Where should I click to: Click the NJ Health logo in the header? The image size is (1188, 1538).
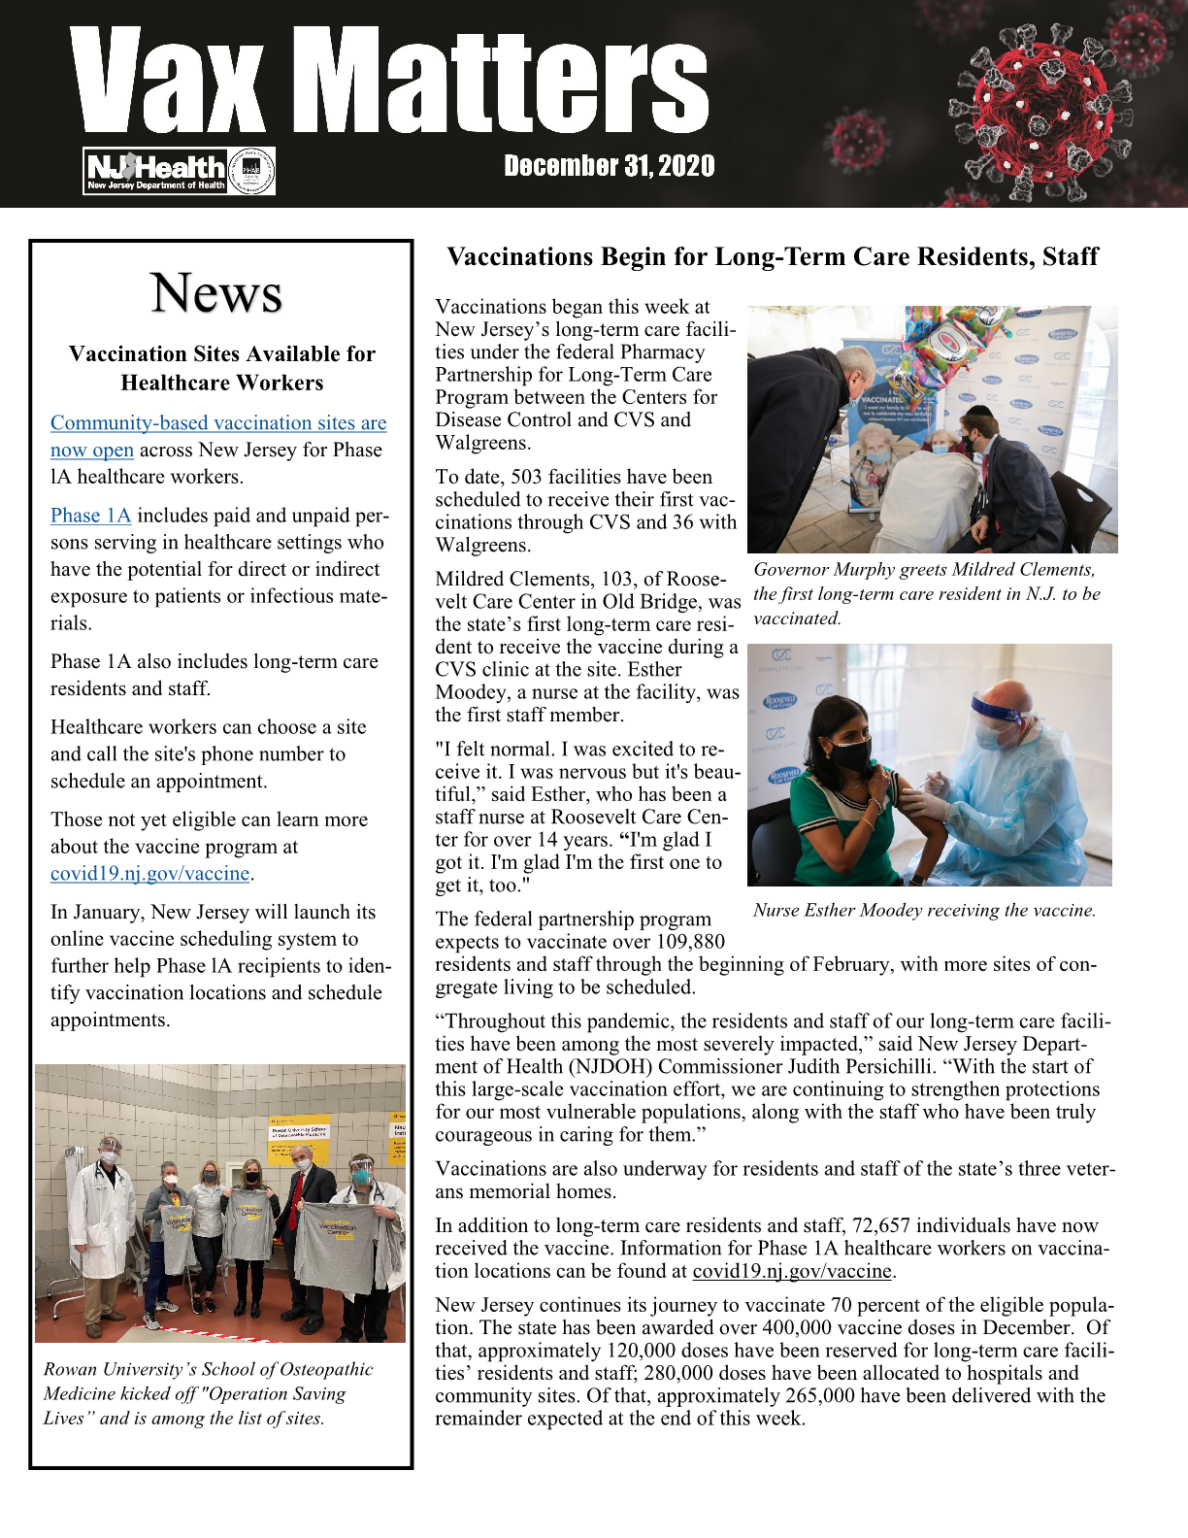pyautogui.click(x=156, y=172)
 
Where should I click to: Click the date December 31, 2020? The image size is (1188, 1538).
pyautogui.click(x=609, y=167)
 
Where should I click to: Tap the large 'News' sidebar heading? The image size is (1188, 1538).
pyautogui.click(x=216, y=292)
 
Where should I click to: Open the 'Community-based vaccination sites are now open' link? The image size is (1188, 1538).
pyautogui.click(x=218, y=423)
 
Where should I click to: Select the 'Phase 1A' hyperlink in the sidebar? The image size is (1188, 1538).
pyautogui.click(x=90, y=516)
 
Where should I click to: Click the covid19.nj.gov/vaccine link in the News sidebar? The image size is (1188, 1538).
pyautogui.click(x=149, y=874)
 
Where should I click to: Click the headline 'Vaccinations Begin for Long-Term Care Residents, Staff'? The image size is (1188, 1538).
pyautogui.click(x=772, y=257)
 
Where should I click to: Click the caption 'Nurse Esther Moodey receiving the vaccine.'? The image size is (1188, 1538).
pyautogui.click(x=924, y=911)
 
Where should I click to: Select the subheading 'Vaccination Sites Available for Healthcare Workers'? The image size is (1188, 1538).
pyautogui.click(x=222, y=368)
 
